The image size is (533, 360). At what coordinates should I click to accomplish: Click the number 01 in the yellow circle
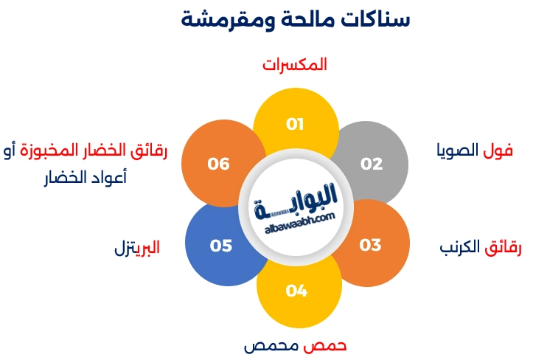click(x=295, y=124)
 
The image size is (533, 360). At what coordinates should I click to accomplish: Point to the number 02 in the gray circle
click(x=372, y=164)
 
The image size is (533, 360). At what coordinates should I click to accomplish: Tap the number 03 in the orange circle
click(x=370, y=245)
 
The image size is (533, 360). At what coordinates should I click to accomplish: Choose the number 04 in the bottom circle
click(x=296, y=291)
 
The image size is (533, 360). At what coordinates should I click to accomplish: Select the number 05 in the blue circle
click(x=220, y=245)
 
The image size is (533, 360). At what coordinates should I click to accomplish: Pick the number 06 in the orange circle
click(x=218, y=164)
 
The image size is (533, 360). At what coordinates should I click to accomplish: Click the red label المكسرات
click(x=294, y=65)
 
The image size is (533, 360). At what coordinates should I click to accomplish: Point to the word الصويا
click(x=457, y=151)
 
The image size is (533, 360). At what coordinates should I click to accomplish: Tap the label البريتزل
click(x=136, y=247)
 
